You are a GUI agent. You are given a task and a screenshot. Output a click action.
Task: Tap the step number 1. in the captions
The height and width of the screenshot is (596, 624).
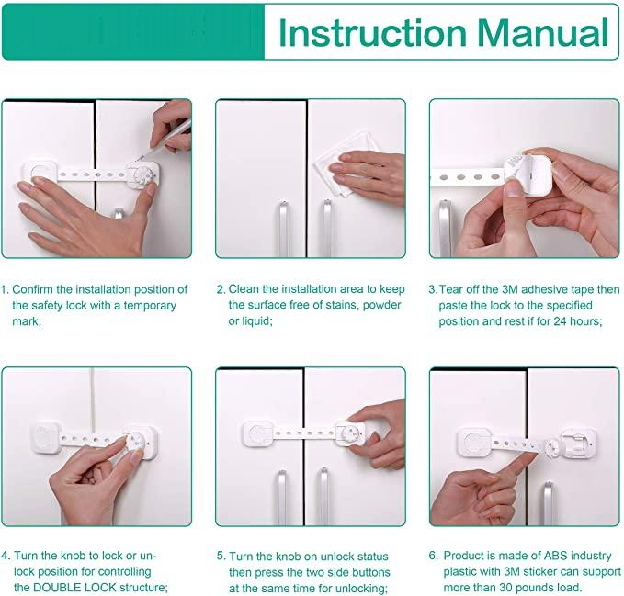coord(6,289)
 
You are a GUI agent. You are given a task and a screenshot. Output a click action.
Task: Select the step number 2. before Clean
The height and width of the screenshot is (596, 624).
coord(221,289)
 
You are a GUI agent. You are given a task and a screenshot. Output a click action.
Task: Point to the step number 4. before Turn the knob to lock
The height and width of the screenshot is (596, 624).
coord(6,556)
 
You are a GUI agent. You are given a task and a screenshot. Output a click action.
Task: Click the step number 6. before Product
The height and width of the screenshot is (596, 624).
coord(434,556)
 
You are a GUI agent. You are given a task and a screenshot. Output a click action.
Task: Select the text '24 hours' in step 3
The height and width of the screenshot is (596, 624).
coord(574,321)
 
